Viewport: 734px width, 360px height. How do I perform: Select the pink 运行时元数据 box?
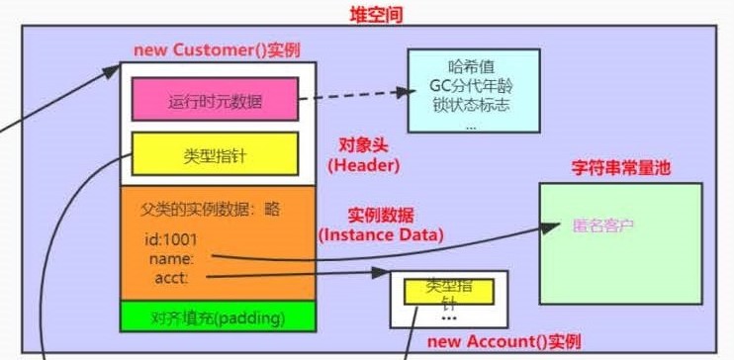215,100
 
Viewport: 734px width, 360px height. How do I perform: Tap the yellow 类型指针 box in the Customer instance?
215,155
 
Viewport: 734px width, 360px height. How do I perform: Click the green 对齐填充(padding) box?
218,317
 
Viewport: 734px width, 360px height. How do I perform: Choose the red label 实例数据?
380,215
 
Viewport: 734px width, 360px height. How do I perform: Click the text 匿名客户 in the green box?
602,225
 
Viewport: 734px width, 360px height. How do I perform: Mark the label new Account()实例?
503,341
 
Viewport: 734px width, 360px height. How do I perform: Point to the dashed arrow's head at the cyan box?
405,92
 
